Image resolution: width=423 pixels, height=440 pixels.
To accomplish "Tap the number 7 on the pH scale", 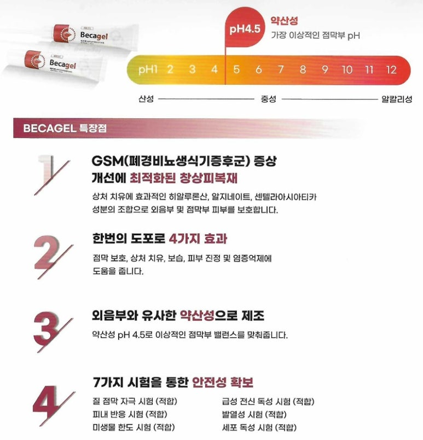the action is [281, 70].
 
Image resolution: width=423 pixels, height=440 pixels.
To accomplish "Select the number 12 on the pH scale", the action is [391, 70].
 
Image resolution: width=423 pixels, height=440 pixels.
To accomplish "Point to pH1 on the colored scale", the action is [148, 70].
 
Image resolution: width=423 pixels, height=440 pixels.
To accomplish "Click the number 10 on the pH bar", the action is [347, 70].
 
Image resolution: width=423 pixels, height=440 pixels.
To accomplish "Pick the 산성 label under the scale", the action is [146, 99].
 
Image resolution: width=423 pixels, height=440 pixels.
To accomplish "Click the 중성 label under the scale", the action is [269, 99].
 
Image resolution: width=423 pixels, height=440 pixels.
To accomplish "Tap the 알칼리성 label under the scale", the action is [397, 99].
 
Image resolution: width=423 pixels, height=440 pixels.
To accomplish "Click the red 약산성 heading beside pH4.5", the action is [284, 20].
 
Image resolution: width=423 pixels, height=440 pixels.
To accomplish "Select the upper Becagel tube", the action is [95, 36].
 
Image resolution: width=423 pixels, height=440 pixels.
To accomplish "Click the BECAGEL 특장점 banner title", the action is [65, 128].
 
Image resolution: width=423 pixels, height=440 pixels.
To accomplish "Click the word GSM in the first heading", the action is [107, 161].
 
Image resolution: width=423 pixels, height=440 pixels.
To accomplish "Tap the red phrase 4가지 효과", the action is [198, 239].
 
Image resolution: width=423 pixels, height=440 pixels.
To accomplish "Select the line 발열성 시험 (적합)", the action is [254, 414].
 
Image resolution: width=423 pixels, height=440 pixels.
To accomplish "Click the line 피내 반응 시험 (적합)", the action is [130, 414].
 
